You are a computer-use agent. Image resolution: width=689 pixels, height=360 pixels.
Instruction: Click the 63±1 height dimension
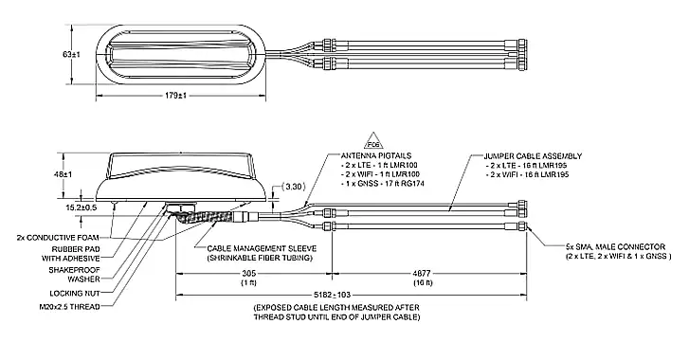[x=69, y=55]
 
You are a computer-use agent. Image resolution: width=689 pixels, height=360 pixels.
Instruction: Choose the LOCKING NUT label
[x=72, y=294]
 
